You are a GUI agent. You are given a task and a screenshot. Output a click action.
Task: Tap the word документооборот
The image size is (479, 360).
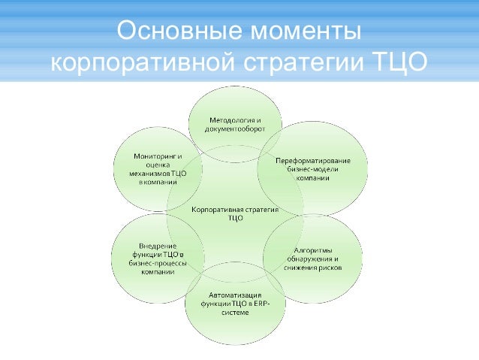click(234, 130)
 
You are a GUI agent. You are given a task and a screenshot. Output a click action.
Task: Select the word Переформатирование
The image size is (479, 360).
click(312, 161)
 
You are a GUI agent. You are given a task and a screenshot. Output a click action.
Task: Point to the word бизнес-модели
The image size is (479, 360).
click(312, 170)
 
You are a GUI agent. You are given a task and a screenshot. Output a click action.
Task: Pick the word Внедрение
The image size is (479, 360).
click(158, 246)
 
